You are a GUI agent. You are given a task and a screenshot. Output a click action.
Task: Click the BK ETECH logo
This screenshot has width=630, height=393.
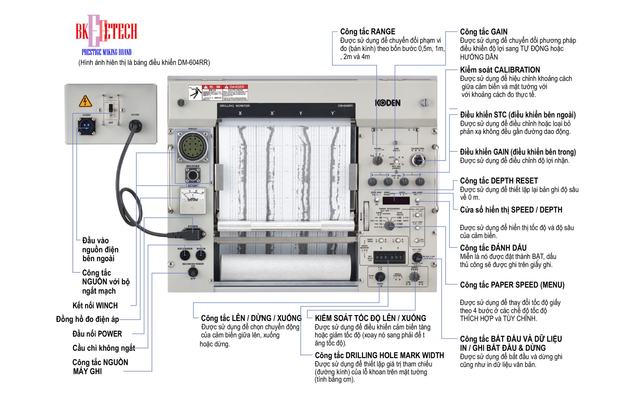[106, 31]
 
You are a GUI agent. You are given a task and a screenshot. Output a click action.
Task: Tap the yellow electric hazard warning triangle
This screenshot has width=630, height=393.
[85, 101]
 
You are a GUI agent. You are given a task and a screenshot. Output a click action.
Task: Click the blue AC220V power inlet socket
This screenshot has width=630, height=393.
[86, 126]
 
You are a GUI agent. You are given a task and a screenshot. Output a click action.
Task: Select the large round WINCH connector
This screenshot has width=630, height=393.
[193, 146]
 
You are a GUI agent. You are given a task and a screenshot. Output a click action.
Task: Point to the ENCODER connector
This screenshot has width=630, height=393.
[193, 175]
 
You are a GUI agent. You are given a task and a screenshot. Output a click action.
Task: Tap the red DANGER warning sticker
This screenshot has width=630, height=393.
[218, 93]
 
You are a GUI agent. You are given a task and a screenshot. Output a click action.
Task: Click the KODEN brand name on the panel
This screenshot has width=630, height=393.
[387, 103]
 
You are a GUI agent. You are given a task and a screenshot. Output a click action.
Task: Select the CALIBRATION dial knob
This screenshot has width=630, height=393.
[417, 160]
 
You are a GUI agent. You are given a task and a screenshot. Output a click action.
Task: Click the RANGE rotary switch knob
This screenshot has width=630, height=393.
[377, 160]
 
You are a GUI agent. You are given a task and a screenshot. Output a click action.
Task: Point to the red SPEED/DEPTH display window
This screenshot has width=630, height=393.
[396, 200]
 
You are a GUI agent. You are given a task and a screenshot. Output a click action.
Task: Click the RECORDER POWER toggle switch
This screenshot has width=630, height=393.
[193, 272]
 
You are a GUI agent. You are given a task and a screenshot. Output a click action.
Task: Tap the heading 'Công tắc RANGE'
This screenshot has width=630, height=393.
[367, 32]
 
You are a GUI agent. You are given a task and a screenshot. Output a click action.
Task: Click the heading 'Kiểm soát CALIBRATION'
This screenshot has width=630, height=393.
[500, 70]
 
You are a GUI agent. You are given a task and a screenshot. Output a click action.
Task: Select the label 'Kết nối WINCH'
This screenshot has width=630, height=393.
[95, 305]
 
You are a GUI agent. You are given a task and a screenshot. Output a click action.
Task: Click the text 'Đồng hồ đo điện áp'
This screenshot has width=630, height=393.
[87, 319]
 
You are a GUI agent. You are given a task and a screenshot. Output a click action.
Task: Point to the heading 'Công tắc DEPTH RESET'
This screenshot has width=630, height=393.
[499, 181]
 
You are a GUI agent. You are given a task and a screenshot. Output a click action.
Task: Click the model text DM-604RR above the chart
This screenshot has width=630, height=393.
[345, 106]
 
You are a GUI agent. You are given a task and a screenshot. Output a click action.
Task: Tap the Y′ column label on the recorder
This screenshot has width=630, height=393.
[333, 113]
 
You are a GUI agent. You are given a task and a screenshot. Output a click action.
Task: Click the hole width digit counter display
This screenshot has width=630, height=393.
[389, 257]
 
